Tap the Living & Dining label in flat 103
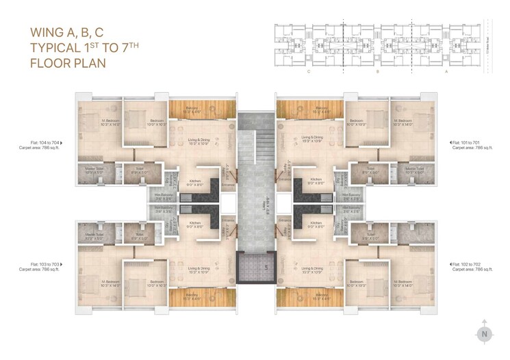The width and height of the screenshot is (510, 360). pos(197,268)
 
